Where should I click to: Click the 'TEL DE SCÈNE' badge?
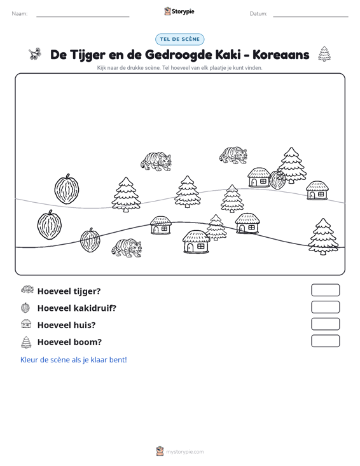(179, 39)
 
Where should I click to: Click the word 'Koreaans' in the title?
(281, 55)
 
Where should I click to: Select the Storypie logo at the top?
(179, 11)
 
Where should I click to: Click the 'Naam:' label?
(20, 14)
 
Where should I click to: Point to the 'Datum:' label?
(258, 14)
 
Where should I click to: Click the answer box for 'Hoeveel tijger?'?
(325, 290)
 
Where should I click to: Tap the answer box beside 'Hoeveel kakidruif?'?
(325, 307)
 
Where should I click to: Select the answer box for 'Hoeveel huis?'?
(325, 324)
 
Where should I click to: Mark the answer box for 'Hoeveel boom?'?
(325, 341)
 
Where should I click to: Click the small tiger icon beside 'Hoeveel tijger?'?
(27, 289)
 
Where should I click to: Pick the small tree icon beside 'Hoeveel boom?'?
(26, 342)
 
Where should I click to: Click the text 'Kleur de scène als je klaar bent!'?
(73, 360)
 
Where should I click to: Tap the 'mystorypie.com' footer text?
(184, 452)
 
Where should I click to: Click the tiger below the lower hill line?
(127, 247)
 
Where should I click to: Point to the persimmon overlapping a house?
(277, 179)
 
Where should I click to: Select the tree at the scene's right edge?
(323, 236)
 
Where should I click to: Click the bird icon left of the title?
(35, 54)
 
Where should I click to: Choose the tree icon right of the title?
(324, 54)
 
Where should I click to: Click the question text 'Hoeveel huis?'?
(67, 325)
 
